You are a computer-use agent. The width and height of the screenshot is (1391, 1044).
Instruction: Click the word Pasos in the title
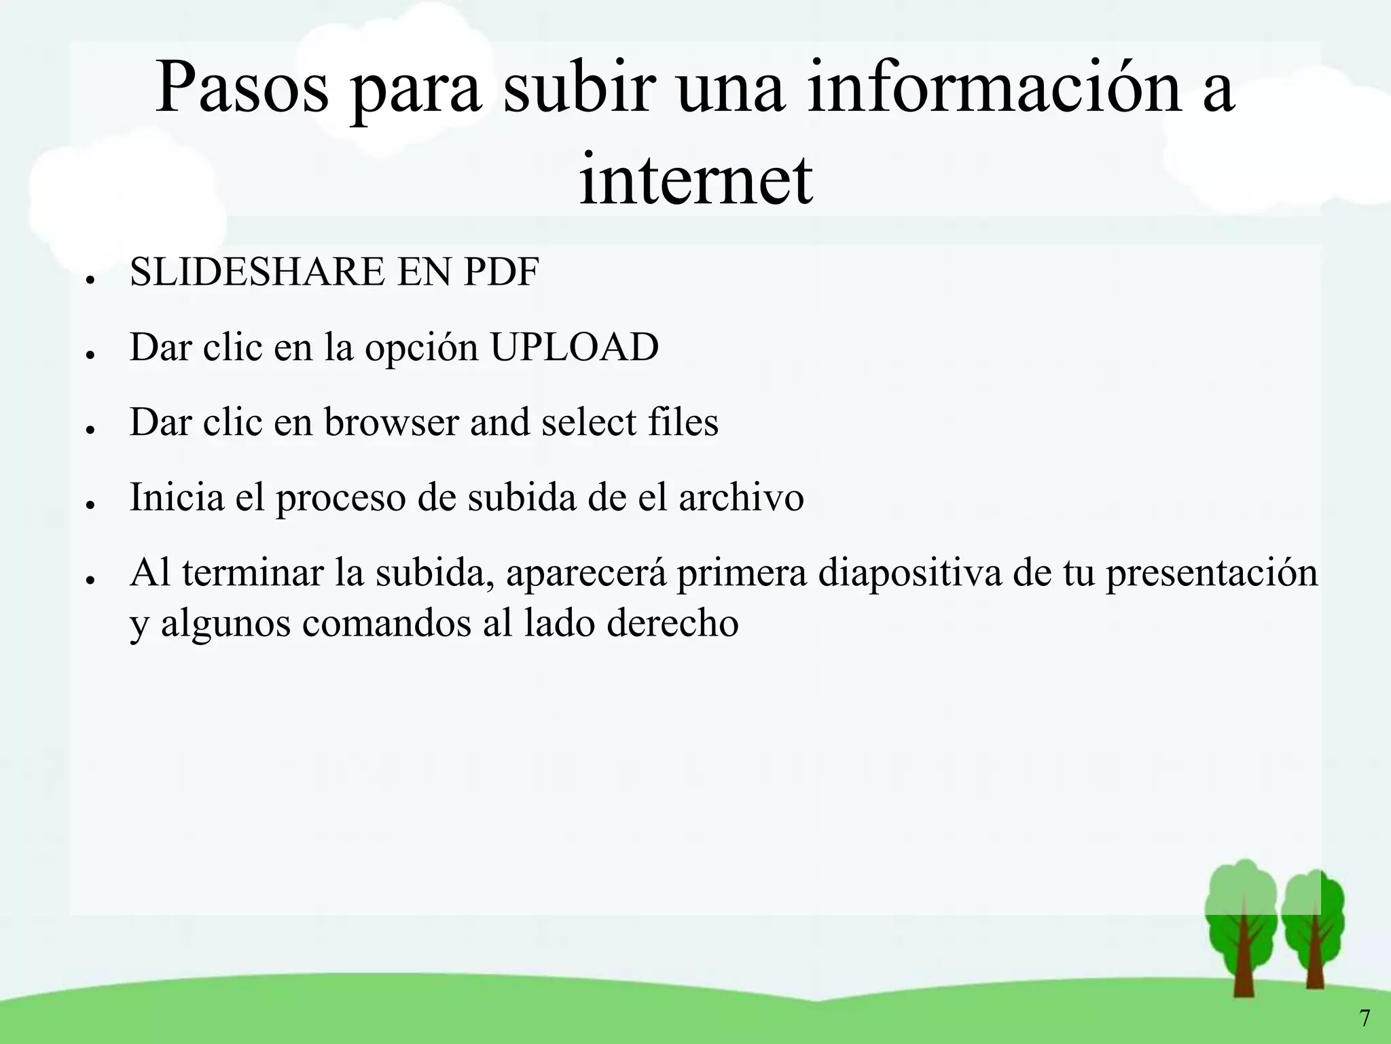click(x=242, y=89)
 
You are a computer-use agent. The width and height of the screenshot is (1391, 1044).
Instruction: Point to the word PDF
click(x=501, y=272)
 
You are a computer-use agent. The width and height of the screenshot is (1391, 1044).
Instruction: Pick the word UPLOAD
click(x=574, y=347)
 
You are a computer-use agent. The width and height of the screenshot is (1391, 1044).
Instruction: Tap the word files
click(x=683, y=422)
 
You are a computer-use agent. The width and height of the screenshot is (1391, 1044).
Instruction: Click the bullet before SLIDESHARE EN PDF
click(x=89, y=279)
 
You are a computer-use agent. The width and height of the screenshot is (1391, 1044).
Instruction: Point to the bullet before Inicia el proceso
click(x=89, y=504)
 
